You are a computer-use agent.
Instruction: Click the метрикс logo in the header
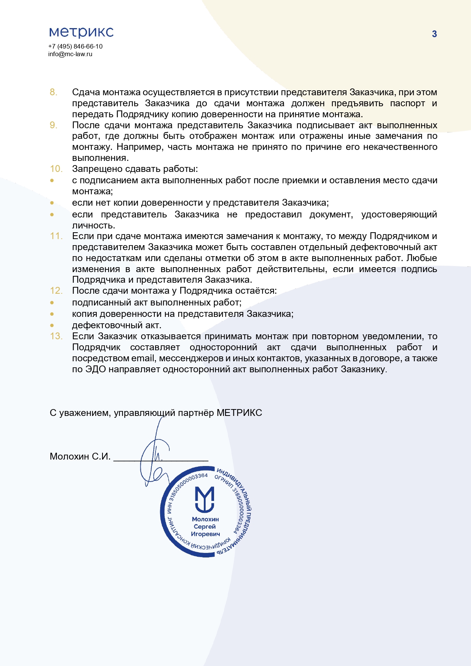(81, 32)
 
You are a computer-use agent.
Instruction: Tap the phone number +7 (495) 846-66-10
(75, 46)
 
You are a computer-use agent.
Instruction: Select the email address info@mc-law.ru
(70, 54)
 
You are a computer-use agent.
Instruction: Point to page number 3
(434, 34)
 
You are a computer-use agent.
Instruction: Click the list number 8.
(54, 92)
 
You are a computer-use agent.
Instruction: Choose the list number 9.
(54, 125)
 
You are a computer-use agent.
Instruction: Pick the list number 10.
(56, 169)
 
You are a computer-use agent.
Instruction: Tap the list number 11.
(56, 236)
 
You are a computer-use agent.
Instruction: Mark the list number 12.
(56, 291)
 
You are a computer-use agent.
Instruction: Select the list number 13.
(56, 336)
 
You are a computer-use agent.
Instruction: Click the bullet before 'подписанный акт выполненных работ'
(52, 303)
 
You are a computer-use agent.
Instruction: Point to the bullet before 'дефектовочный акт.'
(52, 326)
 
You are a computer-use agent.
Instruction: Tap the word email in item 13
(143, 358)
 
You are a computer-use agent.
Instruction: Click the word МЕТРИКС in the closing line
(239, 413)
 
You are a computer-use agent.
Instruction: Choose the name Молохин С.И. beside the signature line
(80, 457)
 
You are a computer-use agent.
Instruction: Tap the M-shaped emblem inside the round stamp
(205, 499)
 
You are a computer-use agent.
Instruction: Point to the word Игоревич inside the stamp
(205, 534)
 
